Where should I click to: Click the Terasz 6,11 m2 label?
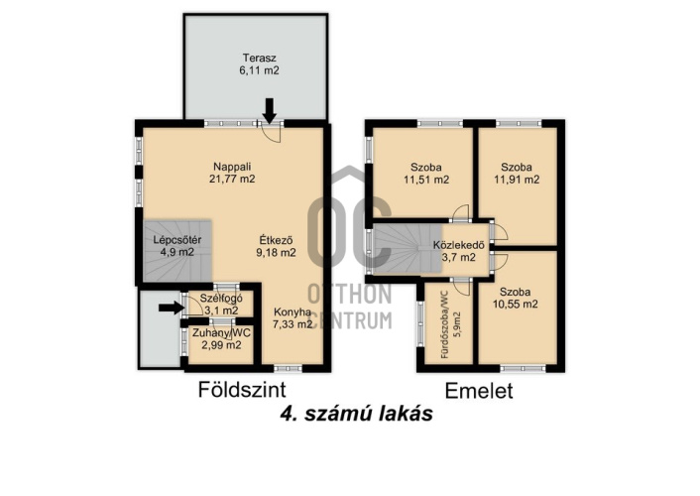pyautogui.click(x=232, y=64)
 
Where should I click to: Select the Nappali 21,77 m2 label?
pyautogui.click(x=232, y=173)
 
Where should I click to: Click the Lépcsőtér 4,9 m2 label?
pyautogui.click(x=176, y=245)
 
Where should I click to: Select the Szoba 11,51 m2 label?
pyautogui.click(x=425, y=173)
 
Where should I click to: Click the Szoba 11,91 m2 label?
pyautogui.click(x=520, y=173)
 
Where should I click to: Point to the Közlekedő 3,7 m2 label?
pyautogui.click(x=458, y=251)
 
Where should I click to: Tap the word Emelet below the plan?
pyautogui.click(x=479, y=390)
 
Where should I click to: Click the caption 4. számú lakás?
pyautogui.click(x=356, y=416)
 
